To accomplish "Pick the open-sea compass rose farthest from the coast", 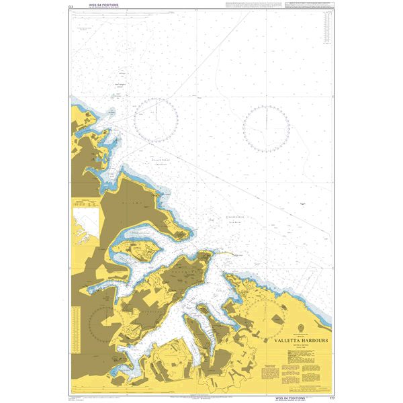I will click(266, 127).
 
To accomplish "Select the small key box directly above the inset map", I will click(85, 203).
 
